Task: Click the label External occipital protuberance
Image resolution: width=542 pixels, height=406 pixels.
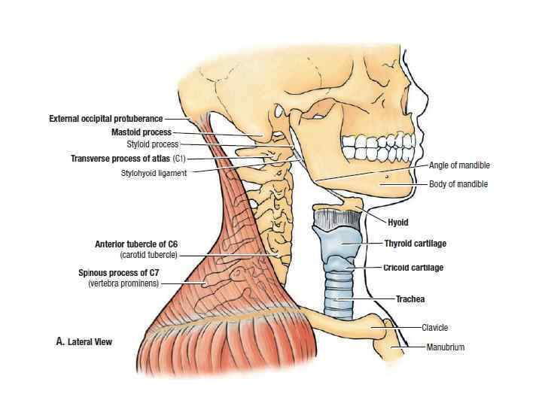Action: (x=105, y=119)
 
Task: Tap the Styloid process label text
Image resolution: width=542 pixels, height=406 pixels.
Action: (x=153, y=144)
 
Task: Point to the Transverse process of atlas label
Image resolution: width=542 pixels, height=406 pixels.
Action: (x=127, y=159)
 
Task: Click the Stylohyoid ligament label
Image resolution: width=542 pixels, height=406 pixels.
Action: (x=154, y=173)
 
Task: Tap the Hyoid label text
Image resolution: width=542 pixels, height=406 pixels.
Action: (x=397, y=223)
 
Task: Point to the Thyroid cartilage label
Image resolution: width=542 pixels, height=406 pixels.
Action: (x=414, y=244)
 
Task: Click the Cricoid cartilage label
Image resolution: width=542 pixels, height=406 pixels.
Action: (x=413, y=268)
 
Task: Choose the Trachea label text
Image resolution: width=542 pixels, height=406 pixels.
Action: (x=411, y=299)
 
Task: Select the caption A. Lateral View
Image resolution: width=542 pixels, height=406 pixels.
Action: (x=84, y=342)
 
